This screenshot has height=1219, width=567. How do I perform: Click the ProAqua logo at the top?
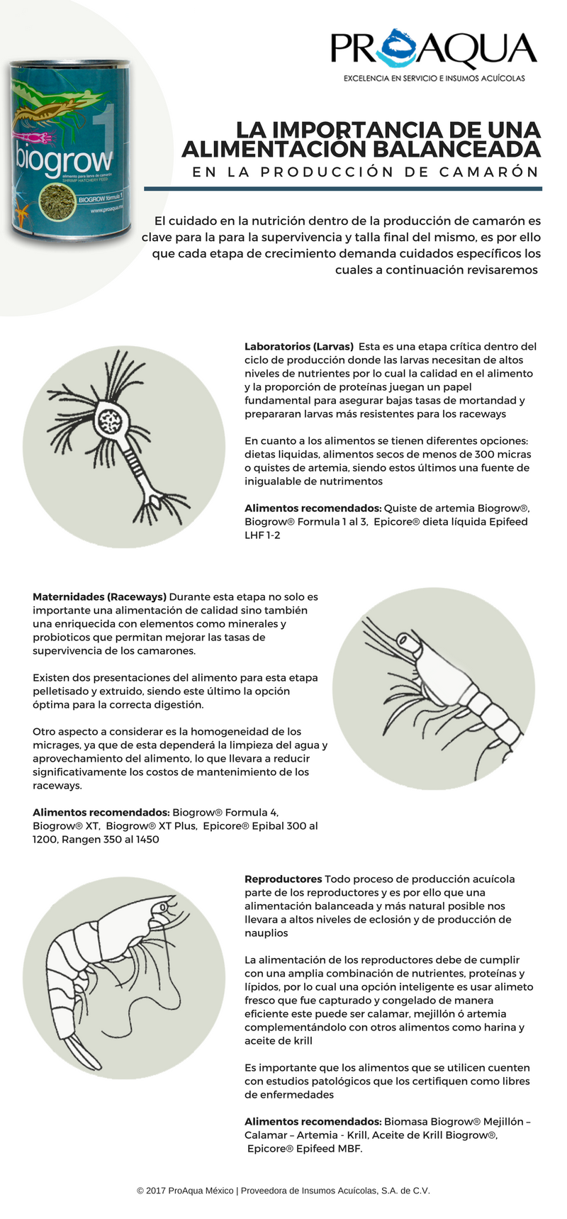433,50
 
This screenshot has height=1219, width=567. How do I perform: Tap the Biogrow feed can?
70,149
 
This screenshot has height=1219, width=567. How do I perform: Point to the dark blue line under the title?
343,189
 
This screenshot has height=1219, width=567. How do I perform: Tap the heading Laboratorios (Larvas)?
298,347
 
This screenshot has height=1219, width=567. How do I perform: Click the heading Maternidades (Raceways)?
99,596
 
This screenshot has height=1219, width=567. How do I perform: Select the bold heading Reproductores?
283,879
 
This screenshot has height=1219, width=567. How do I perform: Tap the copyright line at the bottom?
283,1191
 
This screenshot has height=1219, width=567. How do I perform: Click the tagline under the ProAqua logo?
434,78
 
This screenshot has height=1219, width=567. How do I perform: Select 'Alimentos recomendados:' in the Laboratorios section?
313,508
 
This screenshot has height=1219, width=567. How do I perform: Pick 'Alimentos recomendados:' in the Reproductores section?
313,1121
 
